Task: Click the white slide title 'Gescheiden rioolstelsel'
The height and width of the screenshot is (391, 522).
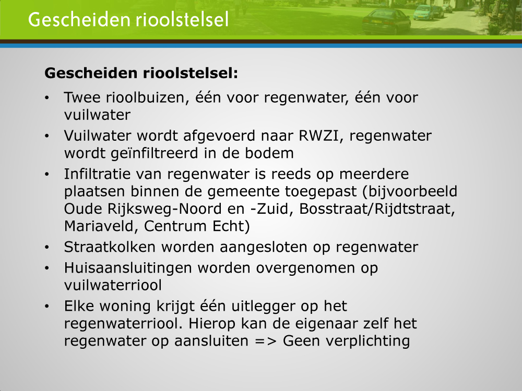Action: (128, 19)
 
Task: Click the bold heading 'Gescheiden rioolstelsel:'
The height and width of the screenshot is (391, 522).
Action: (141, 73)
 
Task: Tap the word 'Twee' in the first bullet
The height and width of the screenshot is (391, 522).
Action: (82, 98)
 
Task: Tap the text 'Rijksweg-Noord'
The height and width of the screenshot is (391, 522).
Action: (164, 209)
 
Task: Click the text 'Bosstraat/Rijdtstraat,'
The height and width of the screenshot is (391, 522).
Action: (377, 209)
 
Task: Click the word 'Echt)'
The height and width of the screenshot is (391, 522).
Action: (231, 226)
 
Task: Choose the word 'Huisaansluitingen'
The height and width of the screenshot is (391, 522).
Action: (128, 268)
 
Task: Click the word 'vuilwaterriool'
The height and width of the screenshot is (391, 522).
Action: (113, 285)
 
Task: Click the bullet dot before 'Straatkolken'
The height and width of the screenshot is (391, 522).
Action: (47, 248)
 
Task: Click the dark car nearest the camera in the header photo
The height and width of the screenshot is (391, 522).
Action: (386, 21)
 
